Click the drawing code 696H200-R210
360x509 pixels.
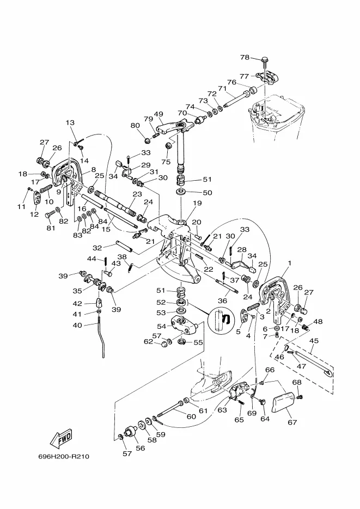(x=64, y=457)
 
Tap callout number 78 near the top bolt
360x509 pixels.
(x=245, y=58)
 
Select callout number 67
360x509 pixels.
(x=292, y=422)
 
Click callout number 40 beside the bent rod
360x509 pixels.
(x=77, y=325)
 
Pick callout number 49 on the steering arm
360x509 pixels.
(x=158, y=114)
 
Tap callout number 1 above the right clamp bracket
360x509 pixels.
(x=290, y=262)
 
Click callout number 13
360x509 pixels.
(x=70, y=122)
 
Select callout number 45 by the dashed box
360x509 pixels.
(x=314, y=341)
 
